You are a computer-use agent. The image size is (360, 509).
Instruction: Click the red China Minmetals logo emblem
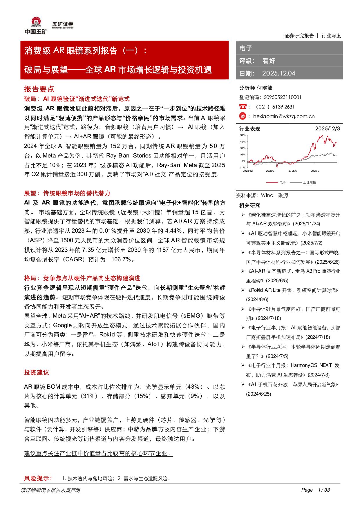[x=36, y=22]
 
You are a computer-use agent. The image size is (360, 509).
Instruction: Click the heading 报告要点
[x=39, y=89]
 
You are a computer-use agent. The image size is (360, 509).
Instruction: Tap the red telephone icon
[x=243, y=107]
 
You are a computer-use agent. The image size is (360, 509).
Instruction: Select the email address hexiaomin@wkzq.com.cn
[x=284, y=116]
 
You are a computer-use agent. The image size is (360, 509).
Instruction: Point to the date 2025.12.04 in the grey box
[x=278, y=73]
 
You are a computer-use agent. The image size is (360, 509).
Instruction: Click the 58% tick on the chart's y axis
[x=243, y=135]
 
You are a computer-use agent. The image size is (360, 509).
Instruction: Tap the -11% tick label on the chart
[x=242, y=168]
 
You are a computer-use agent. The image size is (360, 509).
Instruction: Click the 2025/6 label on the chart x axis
[x=292, y=171]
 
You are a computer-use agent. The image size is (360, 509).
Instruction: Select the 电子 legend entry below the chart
[x=283, y=182]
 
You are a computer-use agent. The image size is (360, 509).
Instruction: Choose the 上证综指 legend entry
[x=309, y=182]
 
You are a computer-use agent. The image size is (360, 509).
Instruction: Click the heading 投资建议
[x=37, y=372]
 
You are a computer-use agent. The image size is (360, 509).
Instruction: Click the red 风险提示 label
[x=38, y=478]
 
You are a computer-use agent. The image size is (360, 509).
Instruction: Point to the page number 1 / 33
[x=324, y=490]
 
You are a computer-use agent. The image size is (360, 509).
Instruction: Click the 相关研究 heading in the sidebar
[x=249, y=205]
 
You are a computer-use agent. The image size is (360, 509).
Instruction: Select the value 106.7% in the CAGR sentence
[x=121, y=259]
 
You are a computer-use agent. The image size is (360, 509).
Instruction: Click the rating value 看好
[x=269, y=61]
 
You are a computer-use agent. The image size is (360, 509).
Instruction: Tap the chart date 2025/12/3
[x=328, y=128]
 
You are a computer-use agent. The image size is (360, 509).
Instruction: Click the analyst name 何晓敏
[x=265, y=88]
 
